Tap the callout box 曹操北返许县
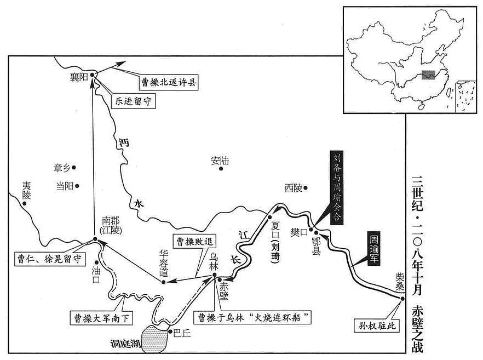(169, 82)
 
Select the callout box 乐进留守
(133, 101)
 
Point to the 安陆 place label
(220, 161)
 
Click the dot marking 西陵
(306, 187)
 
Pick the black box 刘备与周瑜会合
(337, 187)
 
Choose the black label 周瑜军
(373, 248)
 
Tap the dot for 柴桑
(403, 298)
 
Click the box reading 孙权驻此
(377, 325)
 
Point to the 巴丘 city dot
(170, 332)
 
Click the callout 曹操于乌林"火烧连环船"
(252, 317)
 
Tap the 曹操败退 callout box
(195, 241)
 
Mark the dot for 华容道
(164, 282)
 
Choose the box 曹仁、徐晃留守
(50, 259)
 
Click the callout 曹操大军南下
(101, 318)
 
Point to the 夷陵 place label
(27, 190)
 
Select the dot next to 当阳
(77, 186)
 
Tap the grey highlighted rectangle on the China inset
(428, 75)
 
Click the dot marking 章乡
(73, 168)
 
